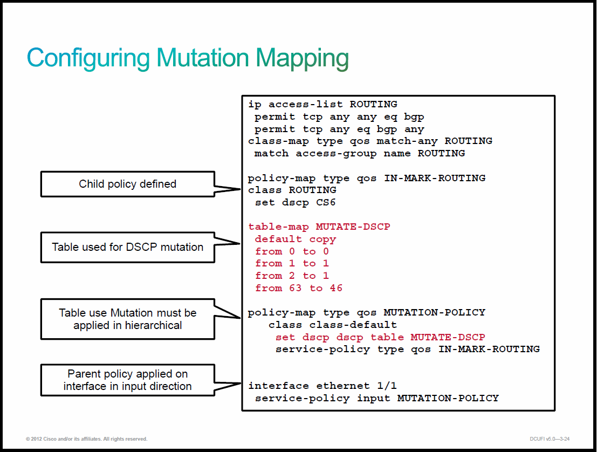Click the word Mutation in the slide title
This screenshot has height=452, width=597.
pos(203,58)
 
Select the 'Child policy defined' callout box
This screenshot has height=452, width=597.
pos(128,184)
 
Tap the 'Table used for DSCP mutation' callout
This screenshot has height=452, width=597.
pos(128,247)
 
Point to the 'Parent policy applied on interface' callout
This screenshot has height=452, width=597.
pos(128,380)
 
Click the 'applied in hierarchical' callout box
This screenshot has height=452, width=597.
pos(128,319)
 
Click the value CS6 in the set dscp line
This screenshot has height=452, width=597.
pos(326,202)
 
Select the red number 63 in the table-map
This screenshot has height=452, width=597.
pos(295,288)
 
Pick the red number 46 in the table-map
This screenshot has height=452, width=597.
pos(336,288)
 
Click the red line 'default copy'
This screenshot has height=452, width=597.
pos(296,239)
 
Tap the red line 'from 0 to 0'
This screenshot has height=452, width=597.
pos(292,251)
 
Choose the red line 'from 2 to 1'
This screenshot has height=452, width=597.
pos(292,276)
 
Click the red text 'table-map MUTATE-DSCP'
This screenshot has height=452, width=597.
pos(319,227)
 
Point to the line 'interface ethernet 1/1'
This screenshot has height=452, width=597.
pos(322,386)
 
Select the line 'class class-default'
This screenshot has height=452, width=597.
pos(332,325)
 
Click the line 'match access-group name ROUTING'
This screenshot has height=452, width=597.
pos(360,154)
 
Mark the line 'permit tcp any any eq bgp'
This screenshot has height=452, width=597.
pos(339,117)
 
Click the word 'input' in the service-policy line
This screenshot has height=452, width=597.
pos(374,398)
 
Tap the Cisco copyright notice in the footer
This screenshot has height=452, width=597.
pos(86,439)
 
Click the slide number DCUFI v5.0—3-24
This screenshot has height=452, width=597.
pos(550,439)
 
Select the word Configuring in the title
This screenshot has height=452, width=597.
pos(88,59)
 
